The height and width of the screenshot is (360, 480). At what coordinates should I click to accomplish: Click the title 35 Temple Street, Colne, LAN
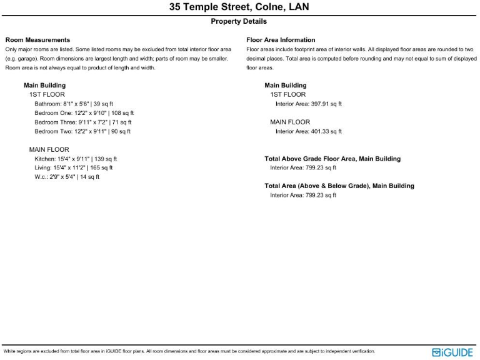point(239,7)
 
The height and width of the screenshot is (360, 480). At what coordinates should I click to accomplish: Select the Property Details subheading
point(239,21)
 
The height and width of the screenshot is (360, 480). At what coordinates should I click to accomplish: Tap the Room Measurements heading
point(37,40)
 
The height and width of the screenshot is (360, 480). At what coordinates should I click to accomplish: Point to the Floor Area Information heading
point(281,40)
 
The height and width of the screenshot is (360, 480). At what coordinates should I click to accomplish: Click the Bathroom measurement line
point(74,104)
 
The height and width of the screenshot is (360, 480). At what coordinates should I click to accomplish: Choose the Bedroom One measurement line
point(84,113)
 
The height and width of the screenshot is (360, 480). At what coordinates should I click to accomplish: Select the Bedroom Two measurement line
point(82,132)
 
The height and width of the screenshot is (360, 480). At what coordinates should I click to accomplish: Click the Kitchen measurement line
point(76,159)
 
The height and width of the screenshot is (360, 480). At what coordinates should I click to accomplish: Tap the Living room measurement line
point(74,168)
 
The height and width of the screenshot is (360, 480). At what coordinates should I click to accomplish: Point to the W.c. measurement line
point(67,177)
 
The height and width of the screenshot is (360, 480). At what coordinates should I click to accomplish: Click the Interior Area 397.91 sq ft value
point(309,104)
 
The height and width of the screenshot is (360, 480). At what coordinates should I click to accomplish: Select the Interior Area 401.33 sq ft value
point(309,132)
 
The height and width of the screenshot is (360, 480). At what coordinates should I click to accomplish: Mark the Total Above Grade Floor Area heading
point(332,159)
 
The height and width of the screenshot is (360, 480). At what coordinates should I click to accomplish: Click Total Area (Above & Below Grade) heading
point(339,186)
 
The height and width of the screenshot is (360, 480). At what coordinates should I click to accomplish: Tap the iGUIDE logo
point(452,352)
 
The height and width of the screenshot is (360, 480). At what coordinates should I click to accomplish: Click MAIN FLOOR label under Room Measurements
point(49,150)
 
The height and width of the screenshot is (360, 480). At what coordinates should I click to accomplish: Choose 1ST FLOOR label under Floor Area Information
point(288,94)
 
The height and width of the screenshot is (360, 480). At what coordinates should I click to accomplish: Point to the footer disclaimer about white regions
point(189,352)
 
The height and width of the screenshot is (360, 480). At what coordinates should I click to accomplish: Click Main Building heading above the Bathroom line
point(44,85)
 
